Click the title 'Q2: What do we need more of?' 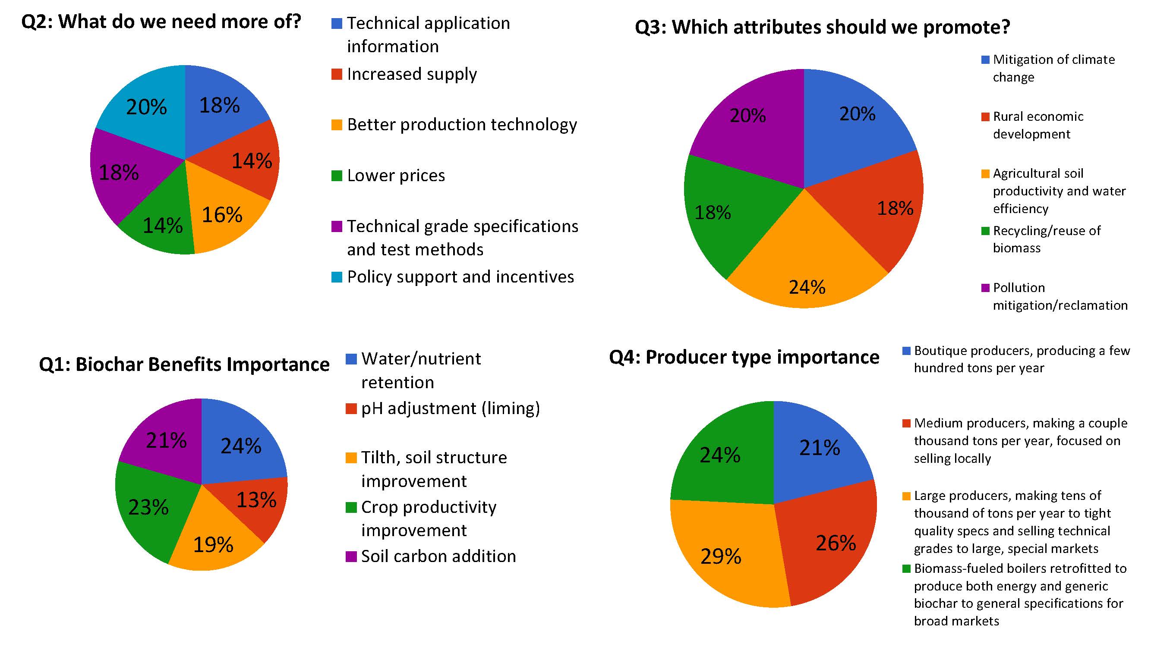(161, 22)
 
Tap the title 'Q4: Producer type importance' (744, 357)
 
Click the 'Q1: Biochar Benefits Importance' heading (184, 364)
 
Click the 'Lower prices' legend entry (396, 176)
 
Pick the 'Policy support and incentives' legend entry (460, 277)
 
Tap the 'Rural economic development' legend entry (1037, 126)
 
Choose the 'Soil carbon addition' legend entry (438, 556)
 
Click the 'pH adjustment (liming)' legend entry (451, 408)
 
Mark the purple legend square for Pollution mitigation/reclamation (985, 288)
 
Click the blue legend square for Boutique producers (907, 351)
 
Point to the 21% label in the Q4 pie (820, 448)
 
